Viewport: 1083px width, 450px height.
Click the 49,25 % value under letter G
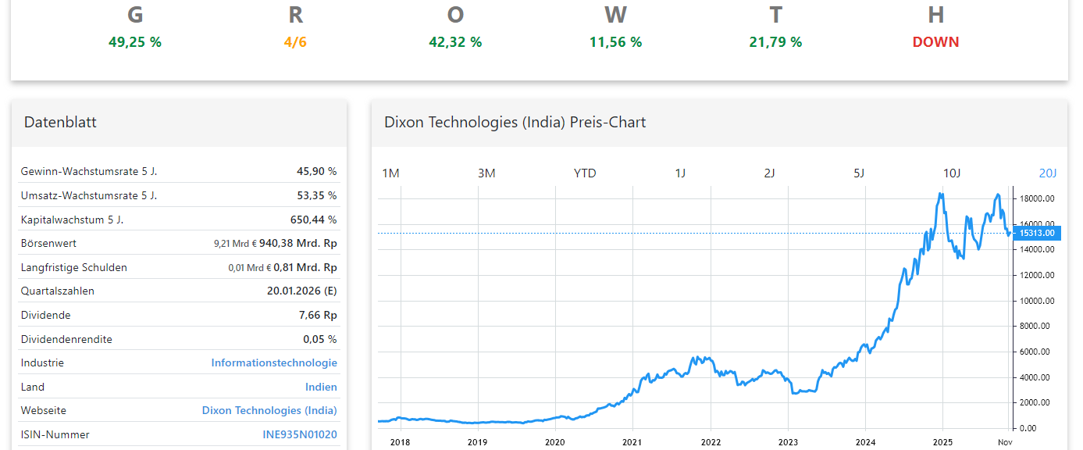135,42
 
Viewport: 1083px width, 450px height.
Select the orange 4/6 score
295,42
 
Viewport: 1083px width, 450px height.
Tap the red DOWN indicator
935,42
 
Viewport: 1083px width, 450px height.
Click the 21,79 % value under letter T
775,42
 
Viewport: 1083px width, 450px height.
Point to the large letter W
615,15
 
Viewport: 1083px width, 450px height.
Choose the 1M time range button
390,173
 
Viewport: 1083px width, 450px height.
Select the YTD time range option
585,173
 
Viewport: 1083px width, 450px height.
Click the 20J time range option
1047,173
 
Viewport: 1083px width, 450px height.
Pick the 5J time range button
859,173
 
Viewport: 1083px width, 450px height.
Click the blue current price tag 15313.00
1037,233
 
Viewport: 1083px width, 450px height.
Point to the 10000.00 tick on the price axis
1037,301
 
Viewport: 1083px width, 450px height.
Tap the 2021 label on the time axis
632,441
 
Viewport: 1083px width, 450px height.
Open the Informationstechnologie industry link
274,362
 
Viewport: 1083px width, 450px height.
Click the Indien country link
321,387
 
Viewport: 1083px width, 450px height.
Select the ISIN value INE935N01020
300,434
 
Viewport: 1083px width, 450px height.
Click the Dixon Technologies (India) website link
269,410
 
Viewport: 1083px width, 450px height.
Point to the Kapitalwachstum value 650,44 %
313,220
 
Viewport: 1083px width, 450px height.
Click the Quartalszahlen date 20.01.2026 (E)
301,291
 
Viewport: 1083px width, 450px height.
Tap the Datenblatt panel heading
60,122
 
